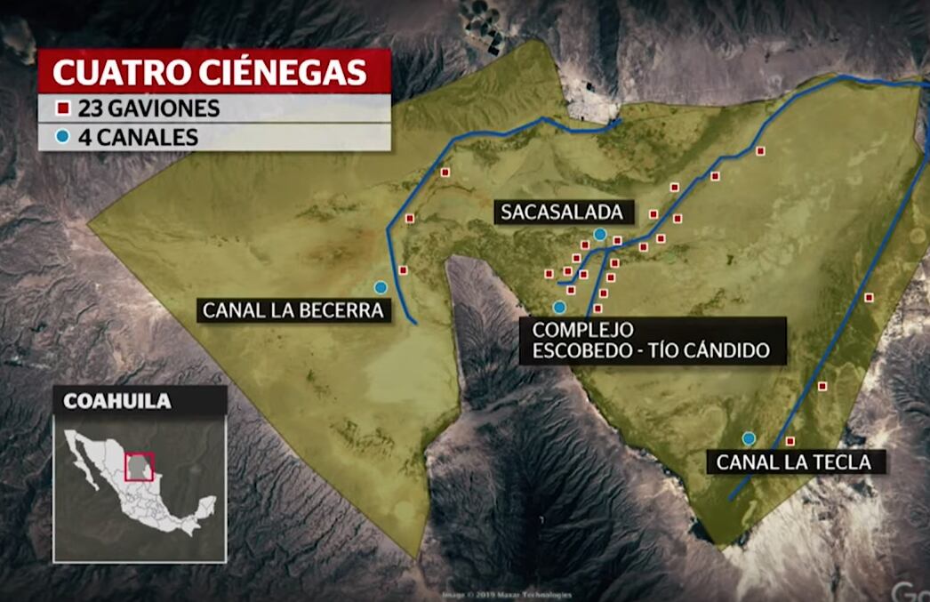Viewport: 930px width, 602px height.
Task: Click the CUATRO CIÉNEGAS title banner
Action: (213, 71)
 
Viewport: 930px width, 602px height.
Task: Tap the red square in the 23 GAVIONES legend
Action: (63, 109)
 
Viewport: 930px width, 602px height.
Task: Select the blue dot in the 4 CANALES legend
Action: (63, 137)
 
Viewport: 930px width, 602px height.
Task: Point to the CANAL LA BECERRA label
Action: (293, 310)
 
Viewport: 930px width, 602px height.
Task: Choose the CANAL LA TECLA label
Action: (794, 462)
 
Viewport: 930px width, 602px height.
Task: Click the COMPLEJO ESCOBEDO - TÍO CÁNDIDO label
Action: (651, 341)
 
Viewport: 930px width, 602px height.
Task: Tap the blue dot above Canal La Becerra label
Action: (381, 287)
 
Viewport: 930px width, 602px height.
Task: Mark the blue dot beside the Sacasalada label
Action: (600, 234)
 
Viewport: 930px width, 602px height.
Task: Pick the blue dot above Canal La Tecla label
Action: (749, 437)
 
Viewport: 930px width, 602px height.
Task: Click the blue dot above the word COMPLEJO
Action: (559, 308)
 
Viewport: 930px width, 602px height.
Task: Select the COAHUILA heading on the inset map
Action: (117, 401)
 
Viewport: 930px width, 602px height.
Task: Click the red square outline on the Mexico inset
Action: (140, 466)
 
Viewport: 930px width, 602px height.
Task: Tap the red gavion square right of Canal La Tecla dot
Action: (790, 441)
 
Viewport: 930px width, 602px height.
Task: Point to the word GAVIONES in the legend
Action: (164, 109)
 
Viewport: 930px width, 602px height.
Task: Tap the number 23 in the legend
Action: (90, 109)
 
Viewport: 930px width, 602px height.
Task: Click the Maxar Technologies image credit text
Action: (507, 595)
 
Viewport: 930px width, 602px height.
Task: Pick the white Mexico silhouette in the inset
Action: (142, 485)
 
